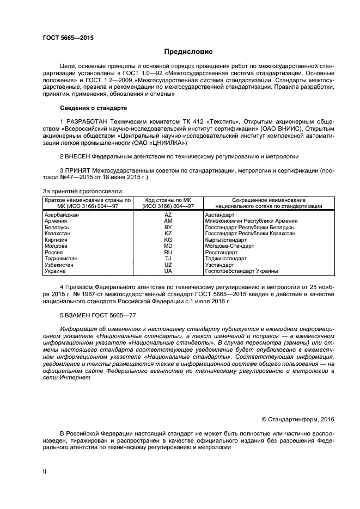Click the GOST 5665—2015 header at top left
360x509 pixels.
click(x=64, y=38)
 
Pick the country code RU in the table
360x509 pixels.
click(x=168, y=253)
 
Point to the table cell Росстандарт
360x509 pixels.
click(x=221, y=253)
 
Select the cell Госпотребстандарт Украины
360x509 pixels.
click(x=241, y=271)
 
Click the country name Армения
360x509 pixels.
click(x=56, y=221)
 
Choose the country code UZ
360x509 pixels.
click(x=168, y=265)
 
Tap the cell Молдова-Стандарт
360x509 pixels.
click(x=228, y=246)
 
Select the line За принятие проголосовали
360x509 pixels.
click(x=83, y=191)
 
